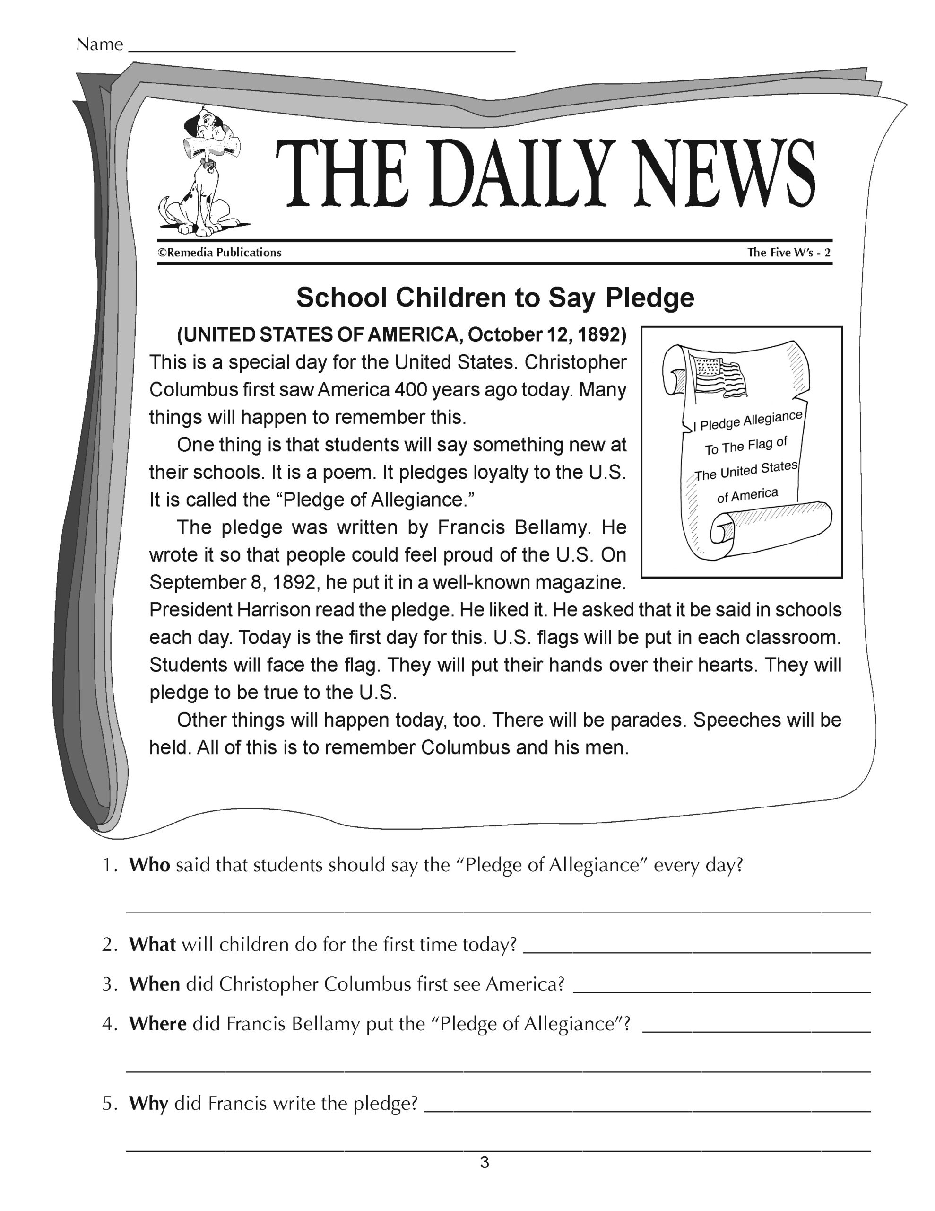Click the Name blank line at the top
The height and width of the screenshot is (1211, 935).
[x=321, y=50]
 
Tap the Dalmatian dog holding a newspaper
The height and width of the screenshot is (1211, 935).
[x=202, y=172]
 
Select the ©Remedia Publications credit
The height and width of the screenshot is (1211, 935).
[x=220, y=253]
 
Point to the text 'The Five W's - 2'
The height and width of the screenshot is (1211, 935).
[x=788, y=253]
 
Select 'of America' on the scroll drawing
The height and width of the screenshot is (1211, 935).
[x=748, y=495]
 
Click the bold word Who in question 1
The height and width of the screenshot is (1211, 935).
[x=149, y=865]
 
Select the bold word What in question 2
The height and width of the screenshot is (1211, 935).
[x=152, y=944]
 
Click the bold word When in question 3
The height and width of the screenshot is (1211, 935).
[x=154, y=984]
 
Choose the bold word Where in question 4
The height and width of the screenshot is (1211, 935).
[x=157, y=1024]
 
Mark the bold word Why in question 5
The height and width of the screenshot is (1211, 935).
[x=148, y=1104]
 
